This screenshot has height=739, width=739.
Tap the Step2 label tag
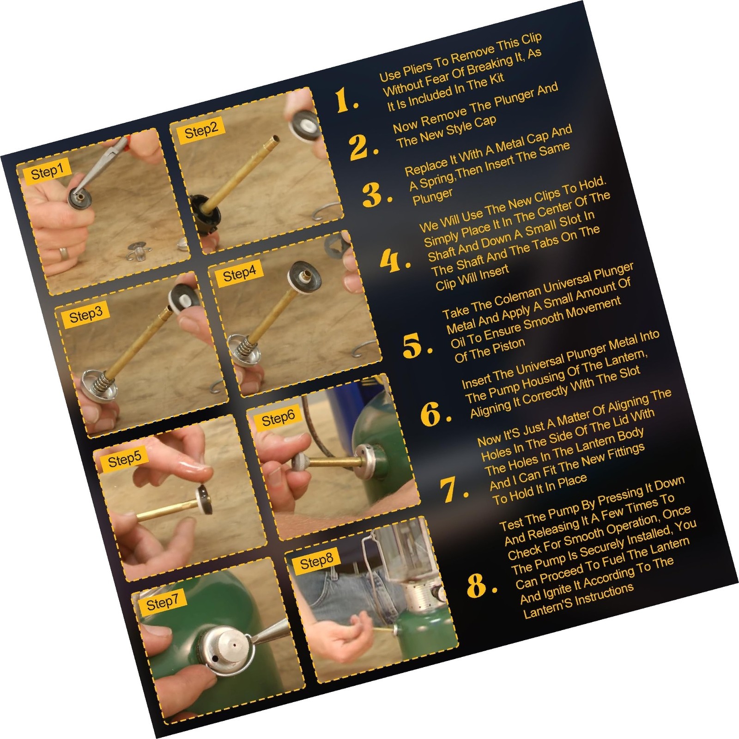tap(201, 129)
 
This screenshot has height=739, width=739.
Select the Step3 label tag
tap(86, 314)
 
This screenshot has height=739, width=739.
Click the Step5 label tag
tap(124, 458)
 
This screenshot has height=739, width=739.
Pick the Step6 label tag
tap(278, 417)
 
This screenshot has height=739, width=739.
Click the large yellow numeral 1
tap(345, 100)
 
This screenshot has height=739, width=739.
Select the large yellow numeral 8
tap(481, 585)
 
